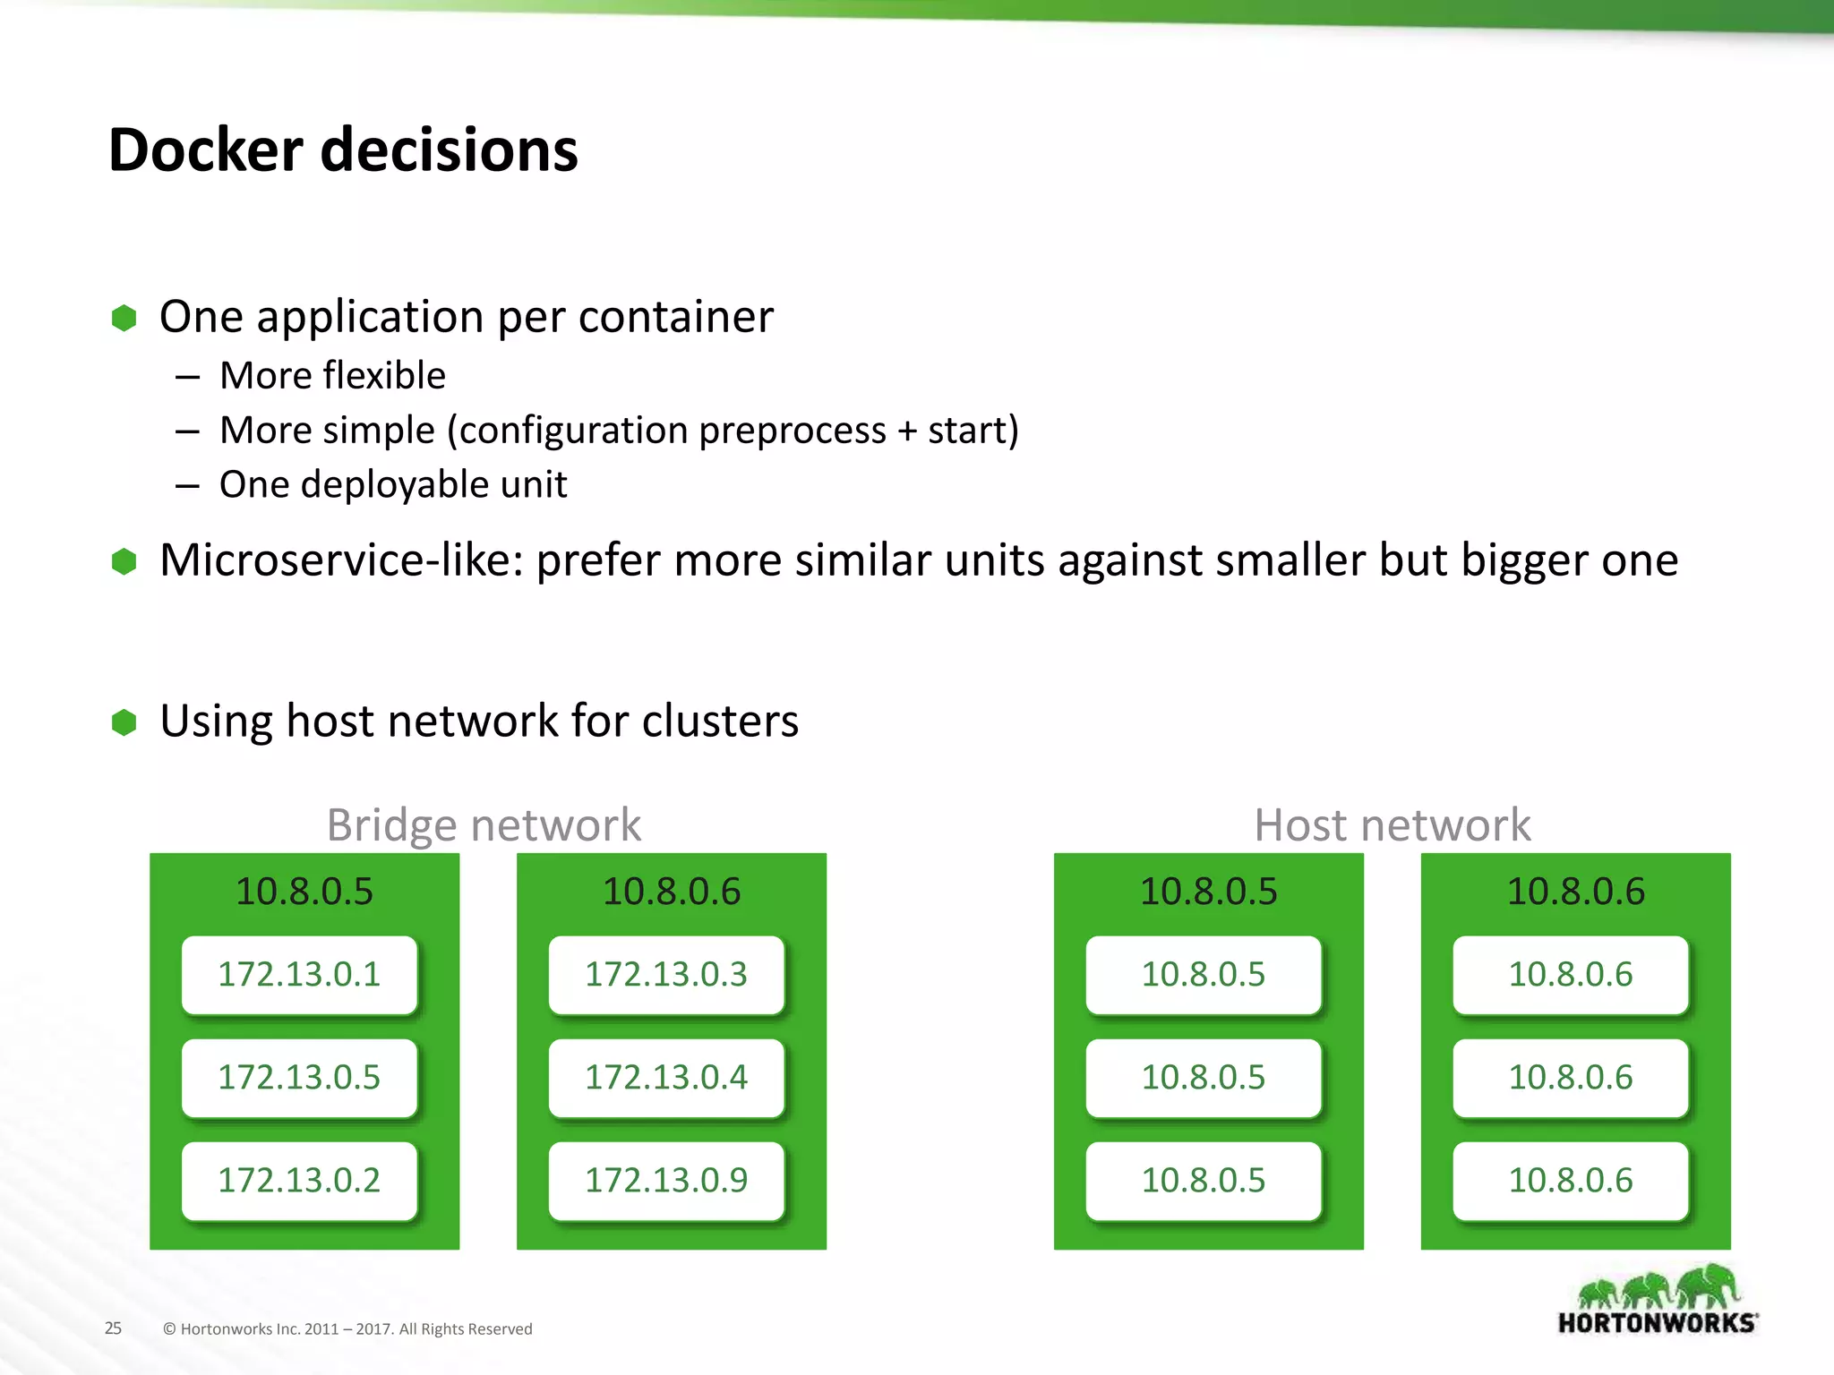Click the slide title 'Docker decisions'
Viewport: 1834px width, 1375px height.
pos(343,149)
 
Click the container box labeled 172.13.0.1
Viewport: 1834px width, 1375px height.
pos(299,974)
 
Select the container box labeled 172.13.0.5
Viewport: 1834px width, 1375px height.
pos(299,1077)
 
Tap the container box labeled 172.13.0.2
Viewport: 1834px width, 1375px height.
pos(299,1180)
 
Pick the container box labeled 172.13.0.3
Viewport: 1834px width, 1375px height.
pos(666,974)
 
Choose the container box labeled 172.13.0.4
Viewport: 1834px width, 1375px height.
pos(666,1077)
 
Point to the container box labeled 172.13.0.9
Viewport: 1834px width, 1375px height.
pos(666,1180)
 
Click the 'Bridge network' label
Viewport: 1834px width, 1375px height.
pos(484,824)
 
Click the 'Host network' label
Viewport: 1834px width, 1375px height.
pos(1392,824)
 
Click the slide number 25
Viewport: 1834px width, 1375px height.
pos(113,1328)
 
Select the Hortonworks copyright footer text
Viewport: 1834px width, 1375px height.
pos(347,1329)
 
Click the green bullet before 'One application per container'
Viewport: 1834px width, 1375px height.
pos(124,318)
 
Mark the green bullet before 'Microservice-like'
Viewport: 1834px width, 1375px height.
pos(124,561)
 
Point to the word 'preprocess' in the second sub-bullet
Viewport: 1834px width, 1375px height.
pos(792,431)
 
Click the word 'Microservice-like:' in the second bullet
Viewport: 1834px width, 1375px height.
pos(341,560)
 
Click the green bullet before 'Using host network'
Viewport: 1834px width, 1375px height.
pos(124,722)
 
